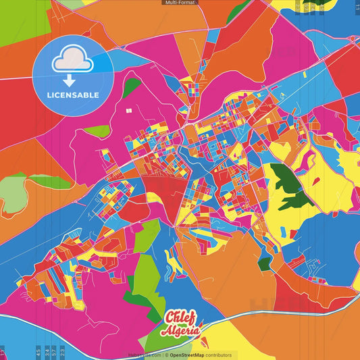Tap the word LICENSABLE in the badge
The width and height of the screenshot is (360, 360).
[73, 95]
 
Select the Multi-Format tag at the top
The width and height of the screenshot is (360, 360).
[180, 3]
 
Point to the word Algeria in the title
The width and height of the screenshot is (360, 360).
[181, 330]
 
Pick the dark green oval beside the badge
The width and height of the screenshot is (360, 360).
[132, 86]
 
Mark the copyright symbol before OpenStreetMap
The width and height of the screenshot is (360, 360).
[165, 355]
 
